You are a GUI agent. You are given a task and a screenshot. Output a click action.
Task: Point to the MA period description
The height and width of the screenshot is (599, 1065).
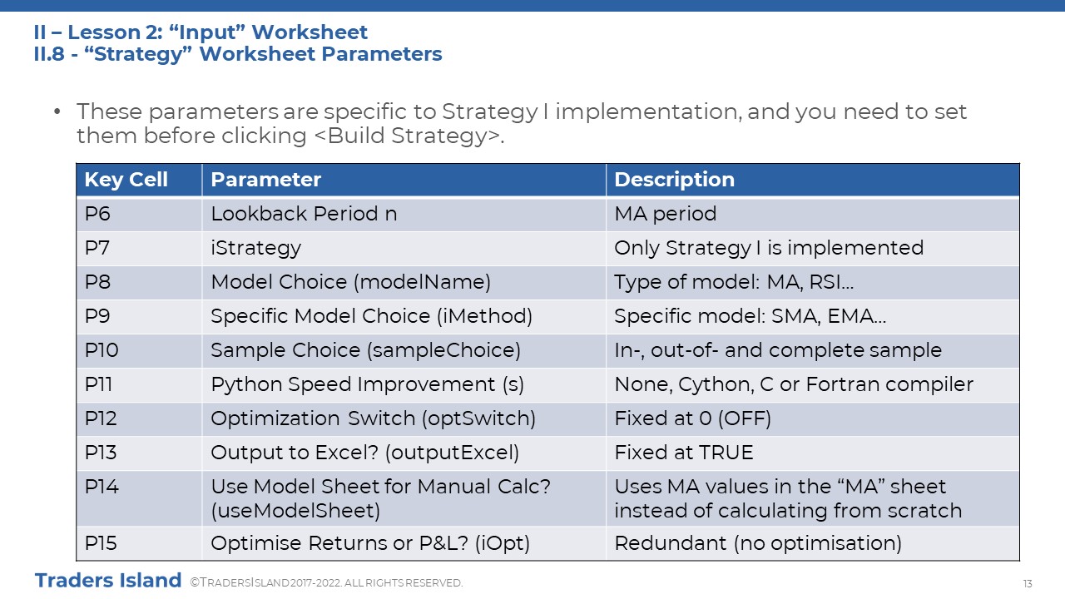coord(665,214)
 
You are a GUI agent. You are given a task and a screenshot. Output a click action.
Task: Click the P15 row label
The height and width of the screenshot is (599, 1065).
coord(101,543)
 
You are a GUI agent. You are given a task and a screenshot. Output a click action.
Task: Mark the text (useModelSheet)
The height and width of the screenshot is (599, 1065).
coord(295,511)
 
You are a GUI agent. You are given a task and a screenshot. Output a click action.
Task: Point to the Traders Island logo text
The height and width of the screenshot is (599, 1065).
coord(108,581)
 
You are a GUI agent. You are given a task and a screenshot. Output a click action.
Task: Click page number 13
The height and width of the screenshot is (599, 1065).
coord(1028,584)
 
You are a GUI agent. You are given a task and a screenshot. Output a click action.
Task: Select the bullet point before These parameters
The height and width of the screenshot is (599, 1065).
coord(57,112)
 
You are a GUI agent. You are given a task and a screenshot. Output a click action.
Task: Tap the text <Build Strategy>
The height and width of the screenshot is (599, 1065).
coord(409,136)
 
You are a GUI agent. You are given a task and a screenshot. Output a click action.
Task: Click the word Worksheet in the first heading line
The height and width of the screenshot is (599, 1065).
coord(309,32)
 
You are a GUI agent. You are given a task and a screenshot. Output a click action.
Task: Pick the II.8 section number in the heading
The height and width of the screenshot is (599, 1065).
coord(49,54)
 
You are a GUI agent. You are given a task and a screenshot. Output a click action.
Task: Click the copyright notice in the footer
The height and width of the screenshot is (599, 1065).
coord(326,583)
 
